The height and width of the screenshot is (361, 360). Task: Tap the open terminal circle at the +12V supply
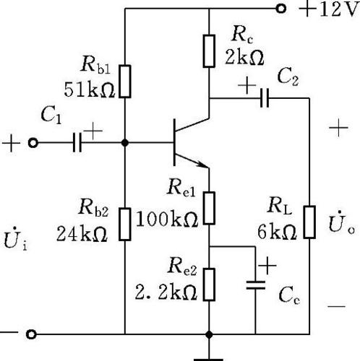pos(280,9)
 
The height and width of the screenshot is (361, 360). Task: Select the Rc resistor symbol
pos(209,51)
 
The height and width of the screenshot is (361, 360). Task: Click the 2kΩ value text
pos(244,58)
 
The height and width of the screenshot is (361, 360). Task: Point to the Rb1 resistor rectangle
pos(125,81)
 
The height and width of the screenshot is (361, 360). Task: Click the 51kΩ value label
pos(89,90)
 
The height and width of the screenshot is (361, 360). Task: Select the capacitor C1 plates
pos(77,143)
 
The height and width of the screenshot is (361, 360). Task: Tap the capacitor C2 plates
pos(265,98)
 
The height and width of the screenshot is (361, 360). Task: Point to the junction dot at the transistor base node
pos(125,143)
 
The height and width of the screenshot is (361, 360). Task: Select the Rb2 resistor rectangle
pos(125,224)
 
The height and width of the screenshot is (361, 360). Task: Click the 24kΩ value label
pos(82,234)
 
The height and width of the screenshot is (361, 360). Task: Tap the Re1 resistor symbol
pos(209,208)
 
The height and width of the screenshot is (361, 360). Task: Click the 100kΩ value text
pos(167,219)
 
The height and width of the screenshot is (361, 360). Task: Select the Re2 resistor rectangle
pos(209,284)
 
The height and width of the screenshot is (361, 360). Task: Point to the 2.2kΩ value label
pos(166,292)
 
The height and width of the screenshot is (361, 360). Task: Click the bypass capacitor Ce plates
pos(256,284)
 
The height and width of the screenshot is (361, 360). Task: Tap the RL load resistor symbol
pos(309,222)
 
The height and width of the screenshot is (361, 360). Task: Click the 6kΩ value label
pos(277,232)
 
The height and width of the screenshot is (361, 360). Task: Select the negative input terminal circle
pos(31,334)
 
